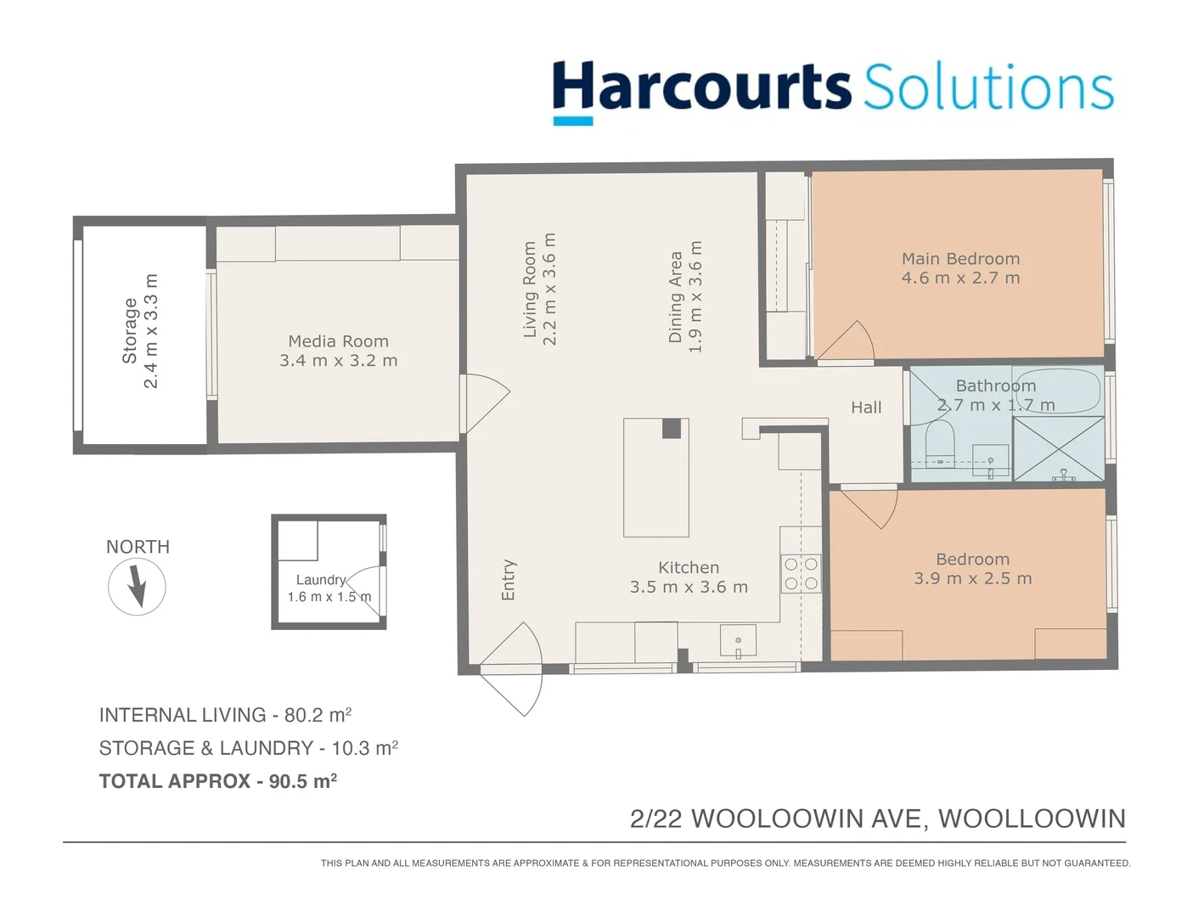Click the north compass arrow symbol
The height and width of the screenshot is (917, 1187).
point(137,587)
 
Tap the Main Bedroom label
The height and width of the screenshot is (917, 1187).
point(960,259)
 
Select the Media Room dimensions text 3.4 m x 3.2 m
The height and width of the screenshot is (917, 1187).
point(338,361)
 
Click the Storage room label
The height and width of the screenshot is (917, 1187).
point(130,331)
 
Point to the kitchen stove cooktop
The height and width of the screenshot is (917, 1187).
point(801,573)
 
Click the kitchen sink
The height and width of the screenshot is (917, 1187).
point(738,641)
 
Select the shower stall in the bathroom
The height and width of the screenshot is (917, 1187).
point(1059,448)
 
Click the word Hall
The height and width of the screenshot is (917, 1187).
point(866,408)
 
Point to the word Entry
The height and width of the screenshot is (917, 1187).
point(509,580)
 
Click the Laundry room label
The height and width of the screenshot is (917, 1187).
point(321,580)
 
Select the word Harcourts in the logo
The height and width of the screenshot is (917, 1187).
point(701,87)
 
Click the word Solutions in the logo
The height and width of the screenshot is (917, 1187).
point(988,87)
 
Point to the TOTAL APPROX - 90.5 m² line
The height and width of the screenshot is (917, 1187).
point(218,781)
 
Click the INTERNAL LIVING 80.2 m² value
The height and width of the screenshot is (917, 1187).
point(318,715)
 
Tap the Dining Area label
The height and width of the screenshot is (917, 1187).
point(676,297)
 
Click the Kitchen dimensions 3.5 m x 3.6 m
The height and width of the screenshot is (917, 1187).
point(689,588)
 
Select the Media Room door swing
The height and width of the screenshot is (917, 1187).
point(484,403)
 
